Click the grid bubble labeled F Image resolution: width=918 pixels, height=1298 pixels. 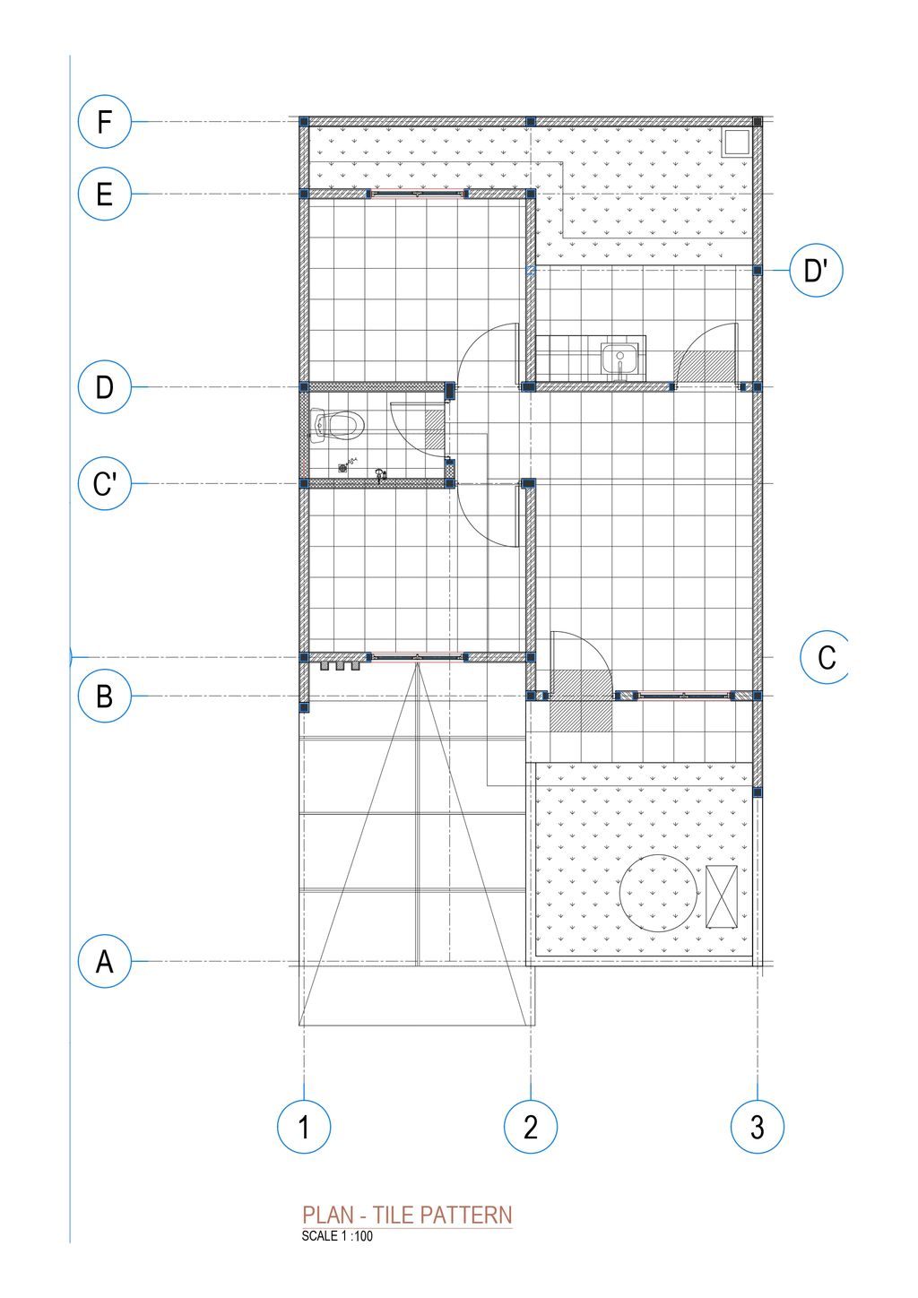coord(104,122)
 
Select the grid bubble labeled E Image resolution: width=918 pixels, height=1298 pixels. coord(104,194)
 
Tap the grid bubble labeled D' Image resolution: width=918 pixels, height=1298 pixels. coord(816,270)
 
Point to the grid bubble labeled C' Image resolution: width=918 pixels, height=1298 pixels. coord(104,483)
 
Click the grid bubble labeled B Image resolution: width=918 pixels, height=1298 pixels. coord(104,696)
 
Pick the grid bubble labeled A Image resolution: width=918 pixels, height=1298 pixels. coord(104,961)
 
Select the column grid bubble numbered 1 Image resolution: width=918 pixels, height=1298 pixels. coord(304,1127)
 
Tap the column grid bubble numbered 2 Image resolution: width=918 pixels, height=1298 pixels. coord(531,1127)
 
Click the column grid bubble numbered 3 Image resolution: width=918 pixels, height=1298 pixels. coord(757,1127)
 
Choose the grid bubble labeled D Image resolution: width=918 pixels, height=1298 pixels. coord(104,386)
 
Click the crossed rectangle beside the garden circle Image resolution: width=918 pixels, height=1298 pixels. coord(721,896)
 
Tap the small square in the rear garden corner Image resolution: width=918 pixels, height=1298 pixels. coord(735,142)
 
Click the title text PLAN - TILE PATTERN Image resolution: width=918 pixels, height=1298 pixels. coord(407,1216)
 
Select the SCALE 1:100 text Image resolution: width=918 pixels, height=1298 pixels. coord(337,1236)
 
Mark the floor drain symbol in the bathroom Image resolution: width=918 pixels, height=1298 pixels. coord(343,467)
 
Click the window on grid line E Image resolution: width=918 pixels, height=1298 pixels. coord(417,194)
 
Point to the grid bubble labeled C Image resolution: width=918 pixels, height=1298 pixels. coord(826,657)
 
